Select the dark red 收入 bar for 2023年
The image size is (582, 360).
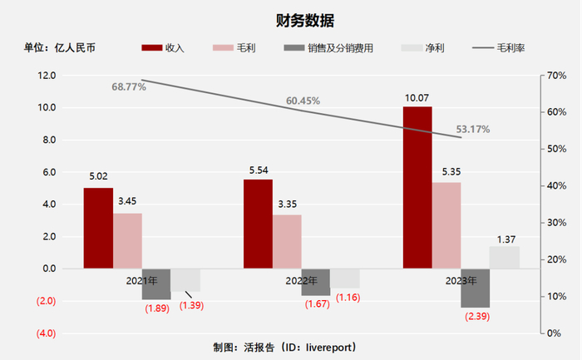coord(417,187)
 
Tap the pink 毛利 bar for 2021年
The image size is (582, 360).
coord(127,240)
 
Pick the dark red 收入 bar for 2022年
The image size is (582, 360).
coord(258,223)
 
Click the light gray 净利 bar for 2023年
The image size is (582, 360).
coord(504,257)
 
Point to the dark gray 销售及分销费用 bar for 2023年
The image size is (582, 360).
coord(476,288)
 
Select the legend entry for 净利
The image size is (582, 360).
coord(424,47)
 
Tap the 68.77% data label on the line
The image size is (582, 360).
coord(129,86)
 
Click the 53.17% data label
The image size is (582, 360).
coord(472,129)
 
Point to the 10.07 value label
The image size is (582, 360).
coord(417,98)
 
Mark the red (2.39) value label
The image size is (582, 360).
coord(477,316)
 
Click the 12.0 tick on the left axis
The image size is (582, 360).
coord(45,76)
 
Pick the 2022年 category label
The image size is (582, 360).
coord(302,281)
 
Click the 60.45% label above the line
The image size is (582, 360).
coord(303,101)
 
